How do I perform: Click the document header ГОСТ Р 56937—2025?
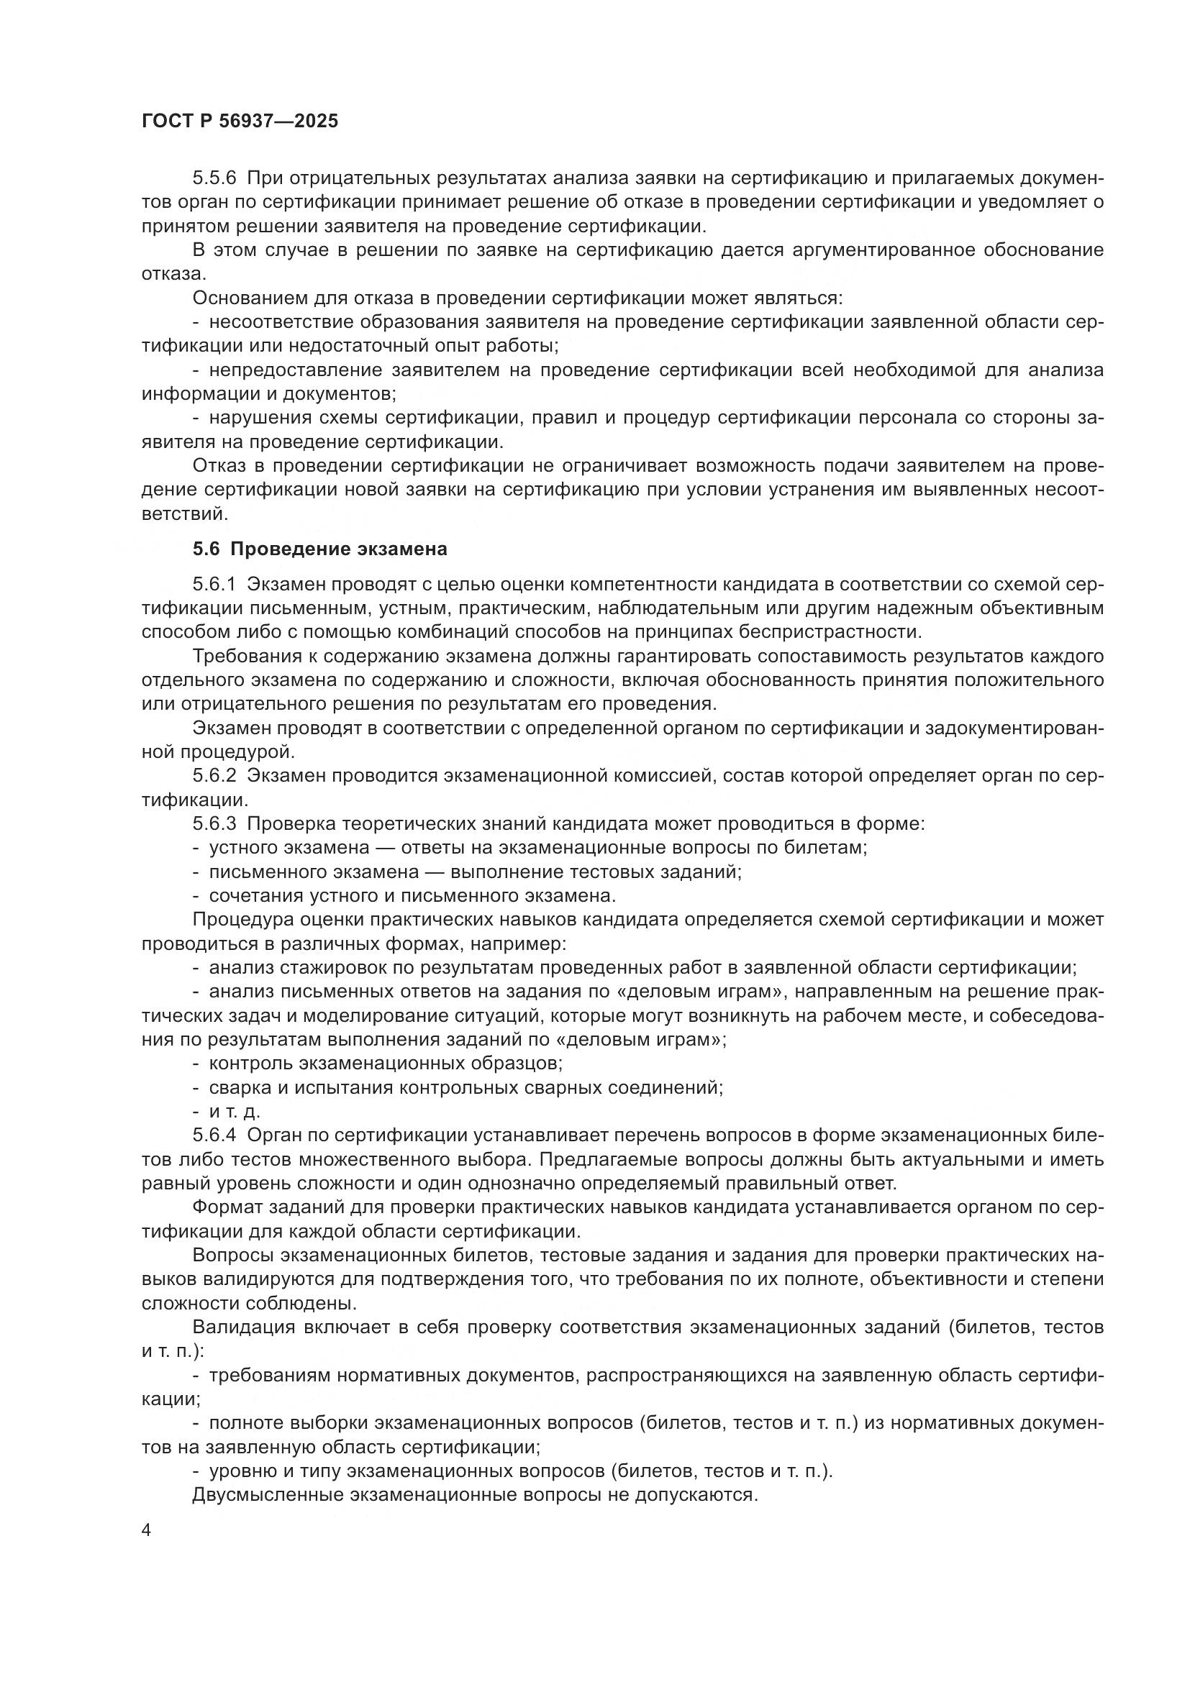tap(240, 122)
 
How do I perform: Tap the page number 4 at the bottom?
tap(147, 1531)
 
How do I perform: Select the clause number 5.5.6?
tap(214, 178)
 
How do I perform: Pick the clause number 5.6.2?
tap(214, 776)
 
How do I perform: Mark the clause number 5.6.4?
tap(214, 1135)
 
